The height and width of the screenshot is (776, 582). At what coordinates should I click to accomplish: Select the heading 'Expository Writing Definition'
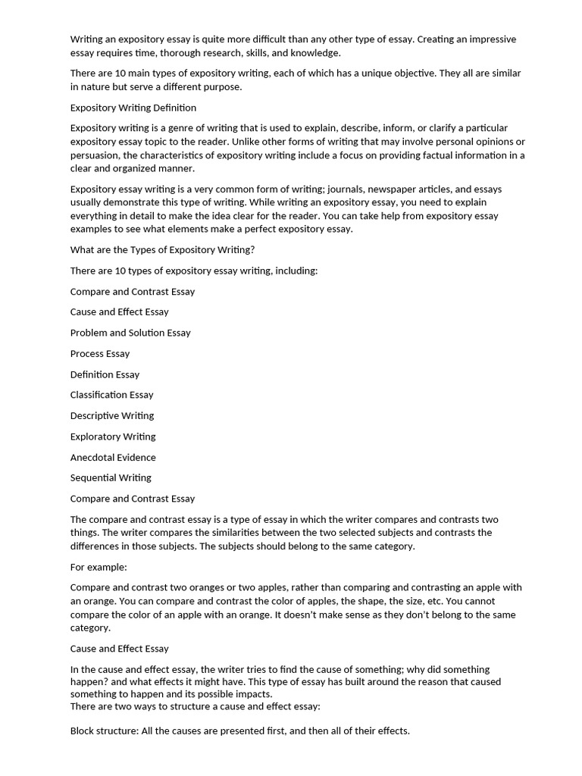coord(133,108)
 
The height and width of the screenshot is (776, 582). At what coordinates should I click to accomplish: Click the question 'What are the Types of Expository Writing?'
coord(163,250)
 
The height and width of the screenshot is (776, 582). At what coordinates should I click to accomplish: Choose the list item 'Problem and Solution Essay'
coord(130,333)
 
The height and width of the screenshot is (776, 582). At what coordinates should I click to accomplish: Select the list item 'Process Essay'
coord(100,353)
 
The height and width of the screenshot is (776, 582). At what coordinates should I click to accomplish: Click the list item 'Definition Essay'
coord(105,374)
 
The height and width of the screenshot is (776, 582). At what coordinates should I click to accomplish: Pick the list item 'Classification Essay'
coord(111,395)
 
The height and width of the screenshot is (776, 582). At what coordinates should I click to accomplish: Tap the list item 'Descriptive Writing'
coord(112,415)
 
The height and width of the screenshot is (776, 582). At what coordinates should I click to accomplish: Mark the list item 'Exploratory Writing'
coord(113,436)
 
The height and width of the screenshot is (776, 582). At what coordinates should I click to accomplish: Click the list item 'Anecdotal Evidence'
coord(113,457)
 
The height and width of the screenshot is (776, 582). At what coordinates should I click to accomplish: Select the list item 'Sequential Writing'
coord(111,477)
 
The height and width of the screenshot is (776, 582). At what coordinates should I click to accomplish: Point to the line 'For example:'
coord(99,567)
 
